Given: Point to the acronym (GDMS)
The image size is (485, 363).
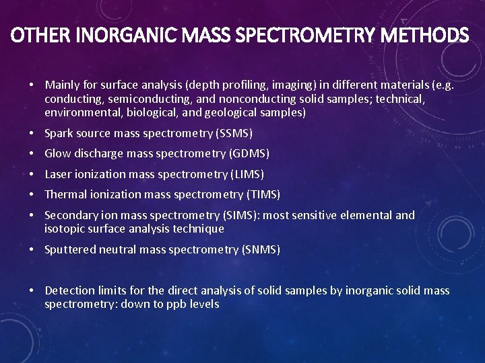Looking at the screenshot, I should coord(249,154).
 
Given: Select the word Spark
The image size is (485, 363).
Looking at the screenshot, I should coord(59,133).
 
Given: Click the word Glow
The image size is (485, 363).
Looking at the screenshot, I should coord(57,154).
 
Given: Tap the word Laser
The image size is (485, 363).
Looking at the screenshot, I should coord(58,174).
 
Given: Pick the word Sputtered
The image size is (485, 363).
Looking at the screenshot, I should coord(69,249).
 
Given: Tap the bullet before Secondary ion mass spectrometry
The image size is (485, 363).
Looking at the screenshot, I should coord(32,215).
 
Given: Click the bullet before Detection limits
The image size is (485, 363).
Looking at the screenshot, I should coord(32,290).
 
